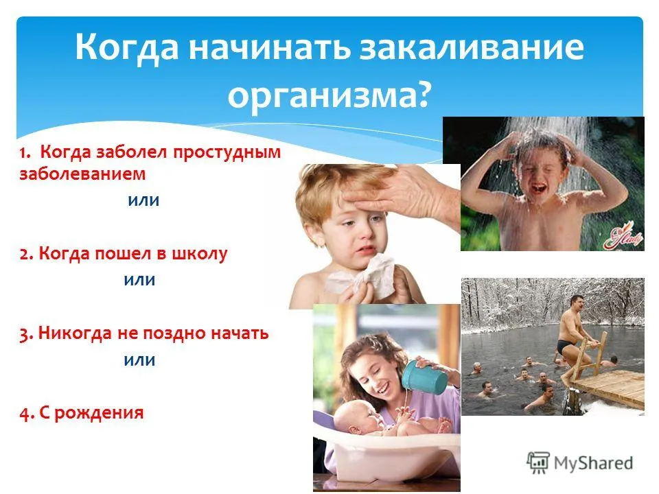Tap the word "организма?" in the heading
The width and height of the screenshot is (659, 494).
click(x=329, y=95)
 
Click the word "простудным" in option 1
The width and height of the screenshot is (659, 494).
click(x=227, y=152)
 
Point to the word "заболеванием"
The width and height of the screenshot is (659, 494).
click(x=82, y=174)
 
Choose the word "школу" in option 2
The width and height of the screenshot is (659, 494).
click(x=199, y=254)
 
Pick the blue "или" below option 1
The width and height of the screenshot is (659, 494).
click(x=143, y=200)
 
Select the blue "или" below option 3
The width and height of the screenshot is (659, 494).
click(x=139, y=360)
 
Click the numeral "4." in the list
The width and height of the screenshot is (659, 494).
click(x=26, y=414)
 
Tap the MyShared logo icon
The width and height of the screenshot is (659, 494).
click(x=538, y=463)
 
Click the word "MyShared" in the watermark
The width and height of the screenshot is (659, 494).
click(x=593, y=463)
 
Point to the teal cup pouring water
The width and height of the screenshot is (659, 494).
click(x=424, y=377)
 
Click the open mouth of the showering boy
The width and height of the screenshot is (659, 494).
click(x=538, y=189)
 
